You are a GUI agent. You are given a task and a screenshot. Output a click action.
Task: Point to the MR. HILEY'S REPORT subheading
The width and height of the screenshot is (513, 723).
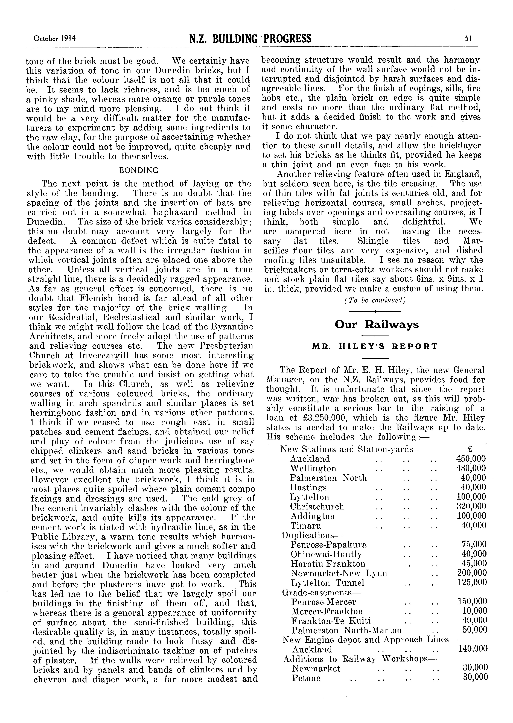tap(375, 346)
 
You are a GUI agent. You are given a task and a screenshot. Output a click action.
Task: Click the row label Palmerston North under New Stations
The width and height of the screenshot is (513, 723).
tap(328, 478)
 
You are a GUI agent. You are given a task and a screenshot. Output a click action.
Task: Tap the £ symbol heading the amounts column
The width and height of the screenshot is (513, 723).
tap(469, 449)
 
